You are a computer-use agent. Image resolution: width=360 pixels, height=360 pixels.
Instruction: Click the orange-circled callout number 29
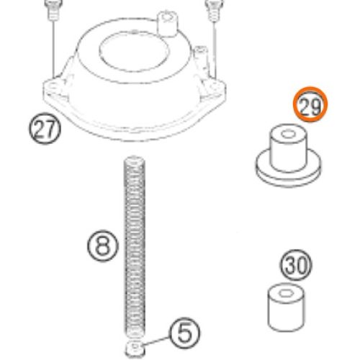(310, 104)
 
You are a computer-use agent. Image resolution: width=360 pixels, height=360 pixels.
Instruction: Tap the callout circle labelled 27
(45, 128)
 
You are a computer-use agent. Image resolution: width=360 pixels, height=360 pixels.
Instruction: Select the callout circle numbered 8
(103, 246)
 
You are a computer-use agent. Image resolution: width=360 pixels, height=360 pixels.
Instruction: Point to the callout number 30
(296, 265)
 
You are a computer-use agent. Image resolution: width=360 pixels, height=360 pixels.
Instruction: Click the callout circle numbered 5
(184, 333)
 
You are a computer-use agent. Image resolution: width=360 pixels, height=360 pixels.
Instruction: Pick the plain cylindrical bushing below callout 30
(286, 307)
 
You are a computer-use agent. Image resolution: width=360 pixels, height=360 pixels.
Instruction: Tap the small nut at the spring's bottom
(135, 348)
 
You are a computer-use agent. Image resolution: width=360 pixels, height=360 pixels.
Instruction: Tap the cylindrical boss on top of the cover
(168, 24)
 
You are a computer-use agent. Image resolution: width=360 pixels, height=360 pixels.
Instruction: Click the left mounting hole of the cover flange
(53, 86)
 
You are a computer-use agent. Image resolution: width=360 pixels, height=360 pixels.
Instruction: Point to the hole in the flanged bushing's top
(288, 134)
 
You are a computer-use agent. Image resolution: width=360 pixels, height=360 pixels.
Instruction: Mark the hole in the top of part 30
(286, 293)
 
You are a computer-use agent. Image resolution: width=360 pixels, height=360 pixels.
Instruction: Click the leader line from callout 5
(156, 341)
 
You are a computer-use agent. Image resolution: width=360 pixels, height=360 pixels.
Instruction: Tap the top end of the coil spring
(135, 160)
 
